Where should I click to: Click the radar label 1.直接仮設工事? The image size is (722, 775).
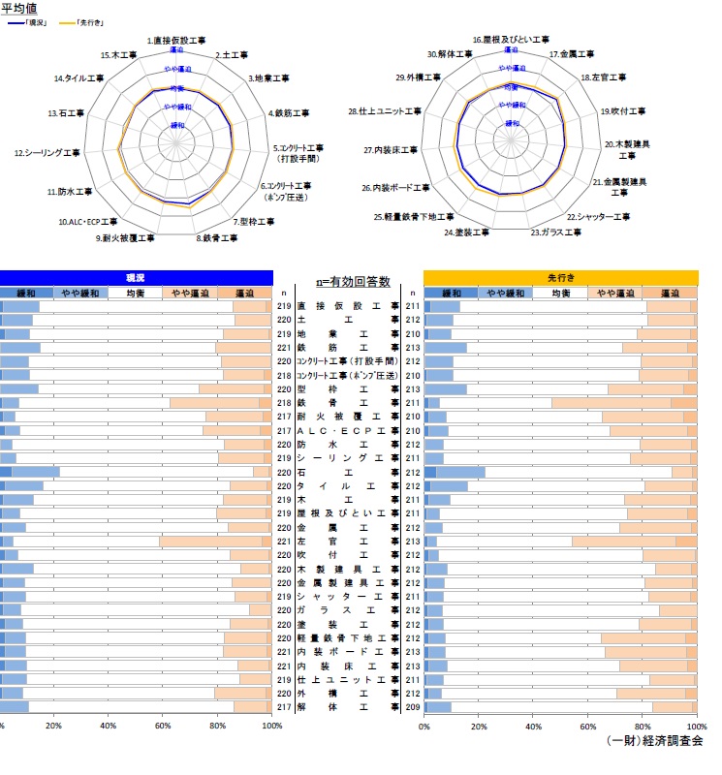176,42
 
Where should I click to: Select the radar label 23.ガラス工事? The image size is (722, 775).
556,232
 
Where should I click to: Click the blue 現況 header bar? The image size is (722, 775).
136,277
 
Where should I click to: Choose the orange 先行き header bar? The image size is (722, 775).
560,277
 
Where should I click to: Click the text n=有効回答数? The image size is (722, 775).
353,281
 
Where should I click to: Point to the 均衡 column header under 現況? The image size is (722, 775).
135,293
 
